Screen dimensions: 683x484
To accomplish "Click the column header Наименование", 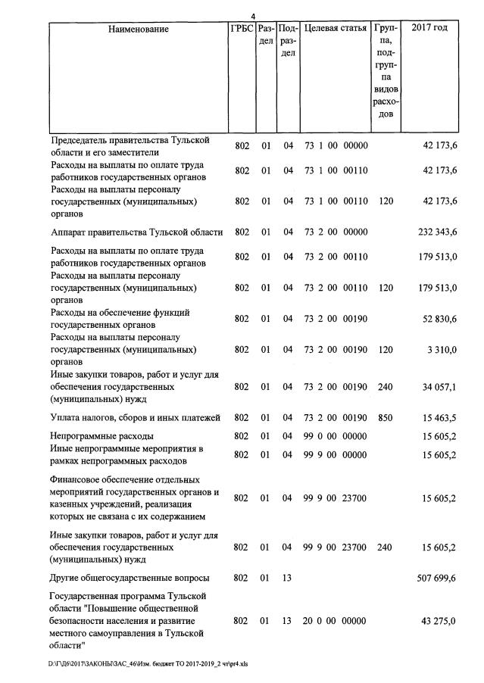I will click(x=138, y=30).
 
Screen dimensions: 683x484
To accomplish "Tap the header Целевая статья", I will click(x=335, y=30).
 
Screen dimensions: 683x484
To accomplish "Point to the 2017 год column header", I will click(x=429, y=30).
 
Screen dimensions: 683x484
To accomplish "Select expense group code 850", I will click(x=386, y=417).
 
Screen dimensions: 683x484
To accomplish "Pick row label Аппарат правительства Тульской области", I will click(x=136, y=232).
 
